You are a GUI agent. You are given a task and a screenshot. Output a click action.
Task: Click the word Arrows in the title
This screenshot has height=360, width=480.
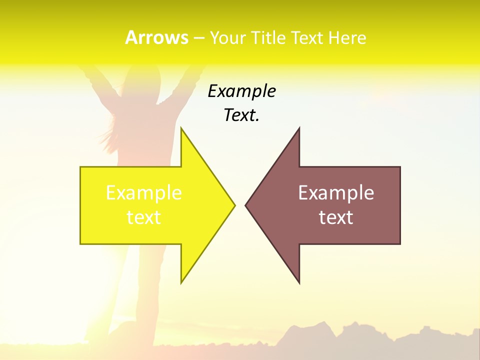[x=156, y=37]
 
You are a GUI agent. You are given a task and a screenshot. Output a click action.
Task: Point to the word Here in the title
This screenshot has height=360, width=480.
[x=347, y=37]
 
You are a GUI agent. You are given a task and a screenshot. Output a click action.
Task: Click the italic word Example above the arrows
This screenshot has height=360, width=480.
[x=241, y=91]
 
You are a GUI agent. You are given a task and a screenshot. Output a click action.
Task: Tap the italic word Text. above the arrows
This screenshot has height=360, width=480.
[x=241, y=115]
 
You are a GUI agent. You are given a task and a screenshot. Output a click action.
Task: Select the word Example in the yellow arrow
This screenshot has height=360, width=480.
[x=144, y=193]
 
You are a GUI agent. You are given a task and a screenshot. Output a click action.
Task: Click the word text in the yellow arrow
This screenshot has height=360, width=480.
[x=144, y=217]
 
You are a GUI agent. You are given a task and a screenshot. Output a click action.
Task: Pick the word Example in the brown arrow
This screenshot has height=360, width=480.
[x=336, y=193]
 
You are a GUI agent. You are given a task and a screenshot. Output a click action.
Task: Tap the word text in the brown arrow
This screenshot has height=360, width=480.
[x=336, y=217]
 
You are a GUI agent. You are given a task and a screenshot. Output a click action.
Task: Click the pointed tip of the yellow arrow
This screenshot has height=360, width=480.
[x=234, y=205]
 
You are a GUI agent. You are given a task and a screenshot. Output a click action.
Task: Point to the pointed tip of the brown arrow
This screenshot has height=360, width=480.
[x=246, y=205]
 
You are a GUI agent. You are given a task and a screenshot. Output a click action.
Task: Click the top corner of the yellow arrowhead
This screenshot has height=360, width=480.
[x=181, y=129]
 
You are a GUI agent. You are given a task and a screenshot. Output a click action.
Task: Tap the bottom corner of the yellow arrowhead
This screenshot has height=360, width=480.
[x=181, y=282]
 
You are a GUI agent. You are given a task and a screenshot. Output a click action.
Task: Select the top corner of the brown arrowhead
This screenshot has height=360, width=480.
[x=299, y=129]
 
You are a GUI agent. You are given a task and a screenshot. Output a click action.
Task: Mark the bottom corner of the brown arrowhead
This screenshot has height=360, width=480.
[x=299, y=282]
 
